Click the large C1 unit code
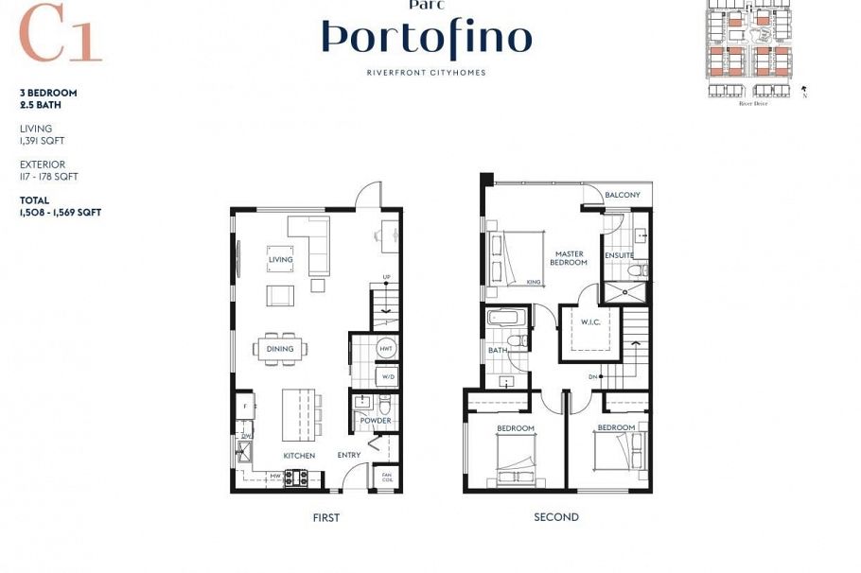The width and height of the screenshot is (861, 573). [60, 36]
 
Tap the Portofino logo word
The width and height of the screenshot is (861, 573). [427, 38]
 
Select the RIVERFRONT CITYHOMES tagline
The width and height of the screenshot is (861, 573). [427, 73]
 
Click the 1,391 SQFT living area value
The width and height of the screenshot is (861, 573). [43, 141]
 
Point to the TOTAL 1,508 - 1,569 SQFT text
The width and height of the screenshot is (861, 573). [61, 207]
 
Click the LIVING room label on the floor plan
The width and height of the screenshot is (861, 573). [281, 259]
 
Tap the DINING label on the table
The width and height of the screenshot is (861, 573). [280, 349]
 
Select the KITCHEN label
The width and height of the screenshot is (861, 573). [299, 456]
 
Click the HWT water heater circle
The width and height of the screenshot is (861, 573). [386, 349]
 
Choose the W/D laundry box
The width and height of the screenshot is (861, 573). [386, 376]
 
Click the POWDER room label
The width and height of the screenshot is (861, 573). [375, 421]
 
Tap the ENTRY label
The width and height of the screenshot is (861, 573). [349, 456]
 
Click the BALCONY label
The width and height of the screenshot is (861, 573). [623, 195]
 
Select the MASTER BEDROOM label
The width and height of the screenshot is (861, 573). [570, 258]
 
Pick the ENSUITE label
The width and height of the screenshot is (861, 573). [620, 255]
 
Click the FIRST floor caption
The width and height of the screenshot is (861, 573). [325, 518]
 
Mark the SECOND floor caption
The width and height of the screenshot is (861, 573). [556, 517]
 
